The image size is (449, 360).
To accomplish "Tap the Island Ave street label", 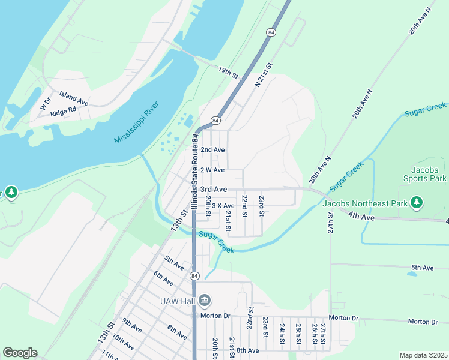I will click(73, 98).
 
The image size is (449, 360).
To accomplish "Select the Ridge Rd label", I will click(63, 111).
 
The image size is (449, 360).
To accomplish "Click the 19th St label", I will click(228, 73).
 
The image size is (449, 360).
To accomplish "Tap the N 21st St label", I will click(264, 76).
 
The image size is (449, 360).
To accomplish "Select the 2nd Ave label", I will click(212, 149).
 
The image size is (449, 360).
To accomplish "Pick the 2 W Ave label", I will click(212, 170).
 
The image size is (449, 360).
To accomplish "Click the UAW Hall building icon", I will click(204, 299).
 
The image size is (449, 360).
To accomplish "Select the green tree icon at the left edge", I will click(11, 192).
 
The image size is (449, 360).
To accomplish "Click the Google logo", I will click(20, 353).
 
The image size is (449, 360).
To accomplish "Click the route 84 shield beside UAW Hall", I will click(194, 276).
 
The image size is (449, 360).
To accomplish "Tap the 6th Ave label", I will click(163, 278).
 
